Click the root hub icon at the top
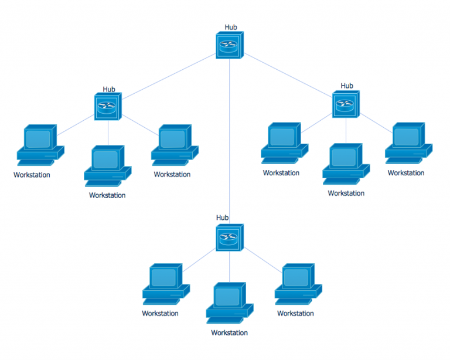(229, 45)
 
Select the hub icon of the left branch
(108, 107)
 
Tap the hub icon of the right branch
(346, 104)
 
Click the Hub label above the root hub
(231, 27)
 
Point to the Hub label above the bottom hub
(222, 218)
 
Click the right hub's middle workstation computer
(346, 162)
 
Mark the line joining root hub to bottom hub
(229, 141)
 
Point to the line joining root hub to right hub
(288, 74)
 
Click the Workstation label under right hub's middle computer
(346, 193)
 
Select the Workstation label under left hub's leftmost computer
(32, 175)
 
